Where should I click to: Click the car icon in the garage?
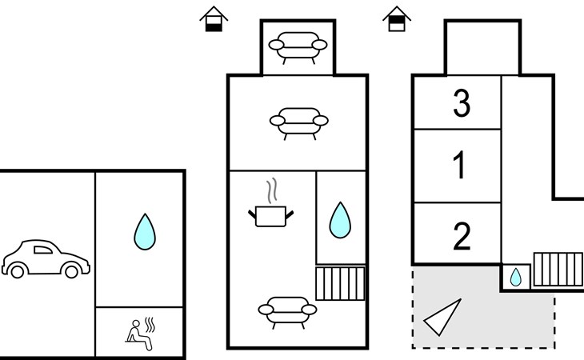point(46,258)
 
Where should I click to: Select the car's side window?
point(43,250)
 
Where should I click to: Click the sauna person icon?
point(140,334)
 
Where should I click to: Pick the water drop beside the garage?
point(145,231)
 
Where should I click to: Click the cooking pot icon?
point(270,216)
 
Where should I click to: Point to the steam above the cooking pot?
point(272,190)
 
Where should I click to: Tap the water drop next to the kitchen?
point(340,220)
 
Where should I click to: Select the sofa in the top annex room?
point(298,48)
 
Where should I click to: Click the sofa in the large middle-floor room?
point(299,124)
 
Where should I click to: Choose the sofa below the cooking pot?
point(287,313)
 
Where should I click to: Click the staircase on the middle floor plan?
point(340,283)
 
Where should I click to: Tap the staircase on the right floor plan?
point(558,270)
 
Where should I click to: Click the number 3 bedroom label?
point(462,103)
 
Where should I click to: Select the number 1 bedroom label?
point(460,165)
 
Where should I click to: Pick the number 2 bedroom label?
point(462,236)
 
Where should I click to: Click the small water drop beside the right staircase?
point(516,278)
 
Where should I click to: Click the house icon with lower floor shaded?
point(214,18)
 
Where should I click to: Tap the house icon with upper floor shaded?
point(397,18)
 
